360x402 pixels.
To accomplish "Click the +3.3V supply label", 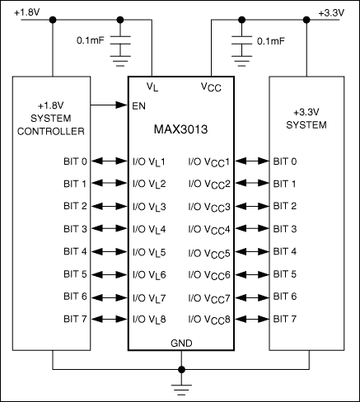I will pos(333,12).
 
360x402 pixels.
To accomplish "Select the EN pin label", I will pos(139,106).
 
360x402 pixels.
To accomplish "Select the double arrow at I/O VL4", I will pos(110,229).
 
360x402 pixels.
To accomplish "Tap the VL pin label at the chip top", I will pos(152,86).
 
